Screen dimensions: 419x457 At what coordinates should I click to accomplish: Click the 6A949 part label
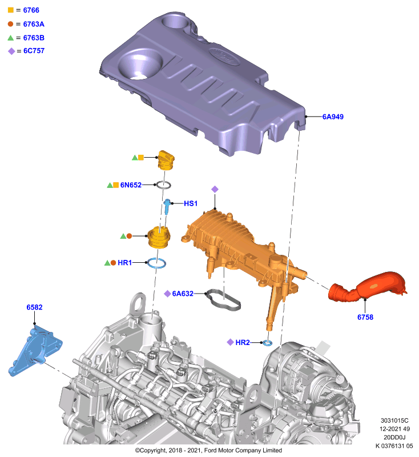(333, 117)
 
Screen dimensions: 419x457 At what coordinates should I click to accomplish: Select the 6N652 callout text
(131, 185)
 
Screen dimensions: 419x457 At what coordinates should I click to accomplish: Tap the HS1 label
(191, 203)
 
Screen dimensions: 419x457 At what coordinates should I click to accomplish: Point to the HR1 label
(124, 263)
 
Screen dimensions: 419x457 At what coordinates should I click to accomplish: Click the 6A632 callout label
(183, 294)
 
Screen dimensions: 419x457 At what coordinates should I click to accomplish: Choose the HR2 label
(243, 342)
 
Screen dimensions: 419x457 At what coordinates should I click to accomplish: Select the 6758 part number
(365, 317)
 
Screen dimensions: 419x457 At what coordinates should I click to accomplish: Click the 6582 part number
(34, 307)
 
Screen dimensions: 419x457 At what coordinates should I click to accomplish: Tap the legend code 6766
(31, 10)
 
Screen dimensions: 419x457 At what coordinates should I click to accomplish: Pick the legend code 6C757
(34, 51)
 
